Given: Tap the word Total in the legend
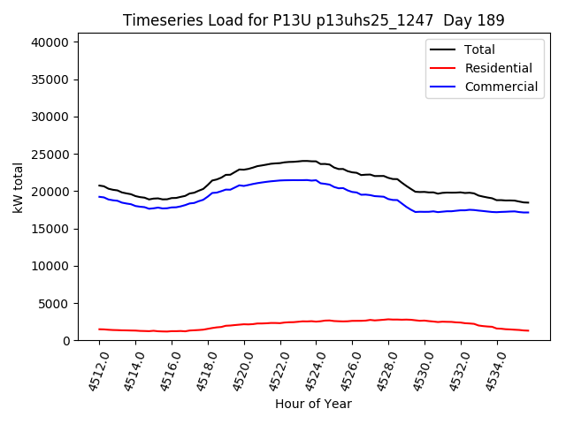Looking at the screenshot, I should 479,49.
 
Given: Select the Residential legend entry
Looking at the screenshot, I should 498,68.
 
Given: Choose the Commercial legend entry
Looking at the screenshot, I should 501,87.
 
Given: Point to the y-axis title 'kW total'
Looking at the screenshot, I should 18,186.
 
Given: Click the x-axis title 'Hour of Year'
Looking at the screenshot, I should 313,404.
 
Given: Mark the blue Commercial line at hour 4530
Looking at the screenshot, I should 424,212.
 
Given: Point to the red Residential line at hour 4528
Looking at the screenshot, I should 388,319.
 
